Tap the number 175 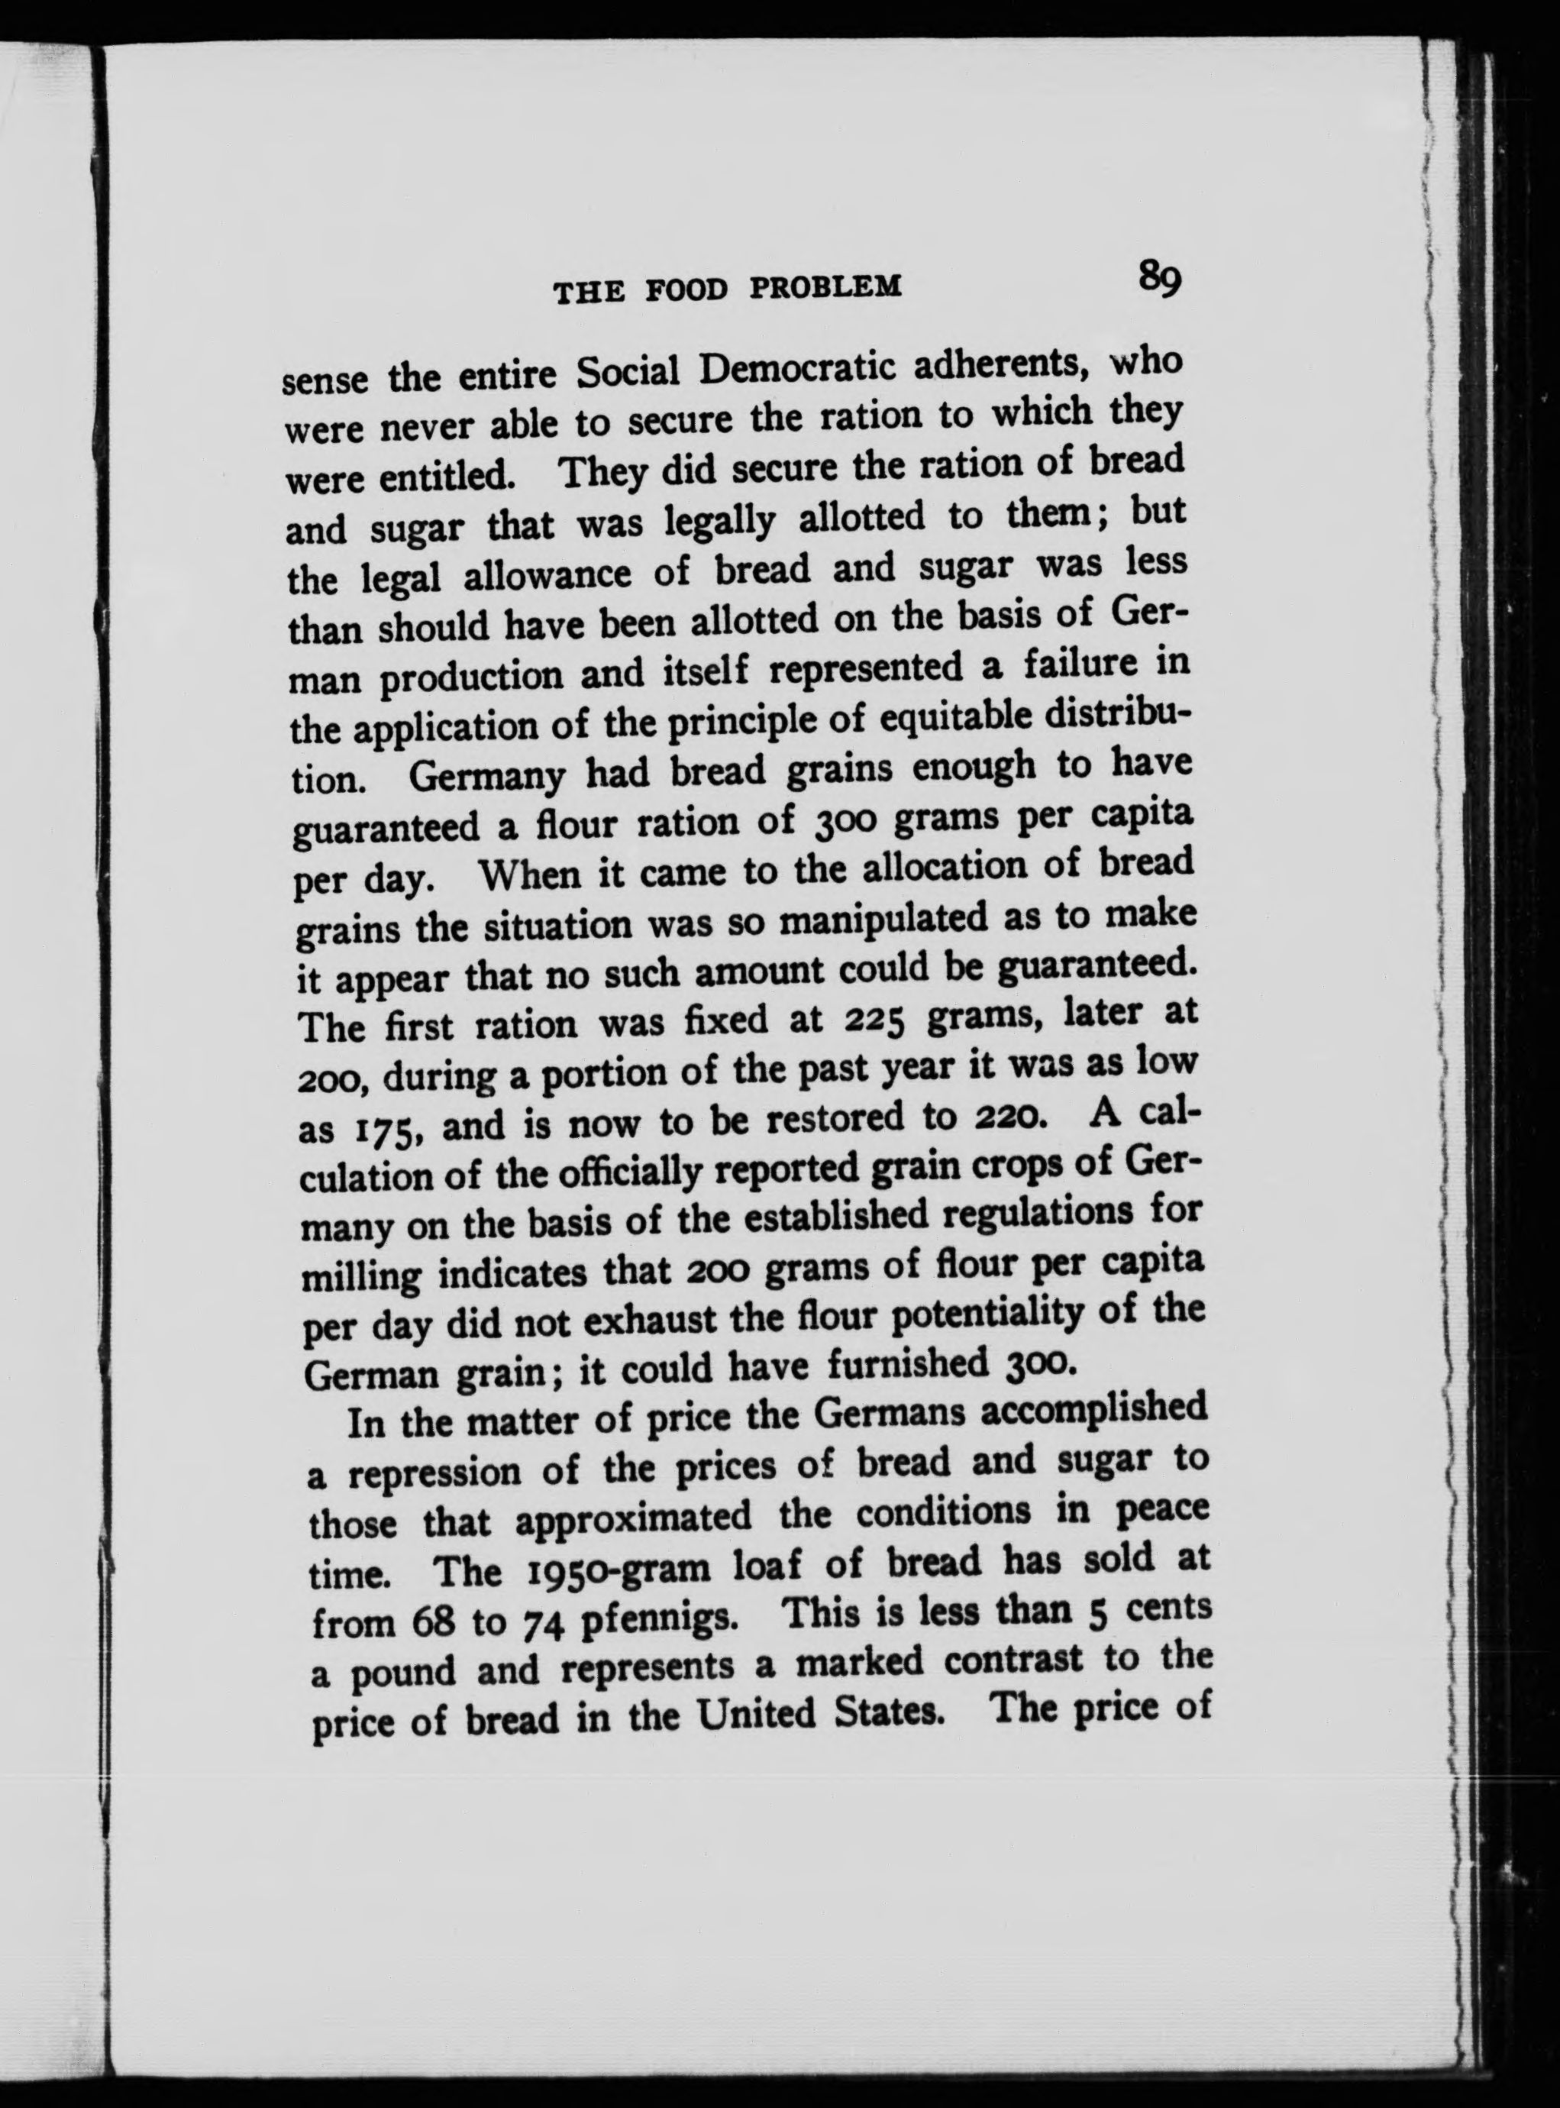tap(383, 1130)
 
